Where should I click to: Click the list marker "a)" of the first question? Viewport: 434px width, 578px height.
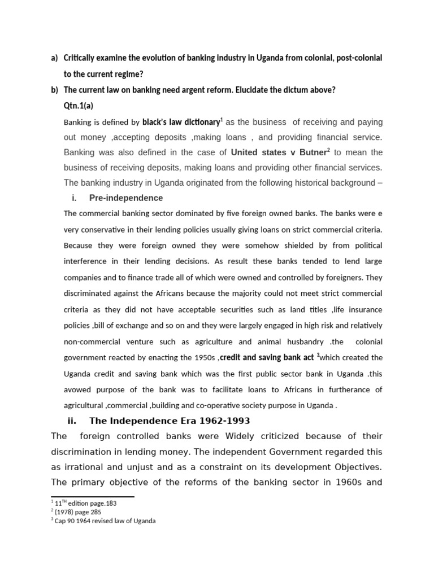(x=54, y=58)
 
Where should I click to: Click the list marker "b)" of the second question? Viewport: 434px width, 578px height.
(x=54, y=90)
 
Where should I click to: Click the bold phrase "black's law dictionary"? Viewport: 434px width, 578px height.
(x=181, y=122)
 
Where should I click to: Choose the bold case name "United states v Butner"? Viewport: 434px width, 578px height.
(x=279, y=152)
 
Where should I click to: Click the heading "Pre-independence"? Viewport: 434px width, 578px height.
(x=125, y=198)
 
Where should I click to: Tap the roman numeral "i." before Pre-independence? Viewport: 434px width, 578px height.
(x=74, y=198)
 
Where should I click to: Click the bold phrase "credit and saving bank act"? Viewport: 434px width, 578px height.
(x=267, y=358)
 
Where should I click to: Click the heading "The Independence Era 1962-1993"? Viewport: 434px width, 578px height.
(x=169, y=421)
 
